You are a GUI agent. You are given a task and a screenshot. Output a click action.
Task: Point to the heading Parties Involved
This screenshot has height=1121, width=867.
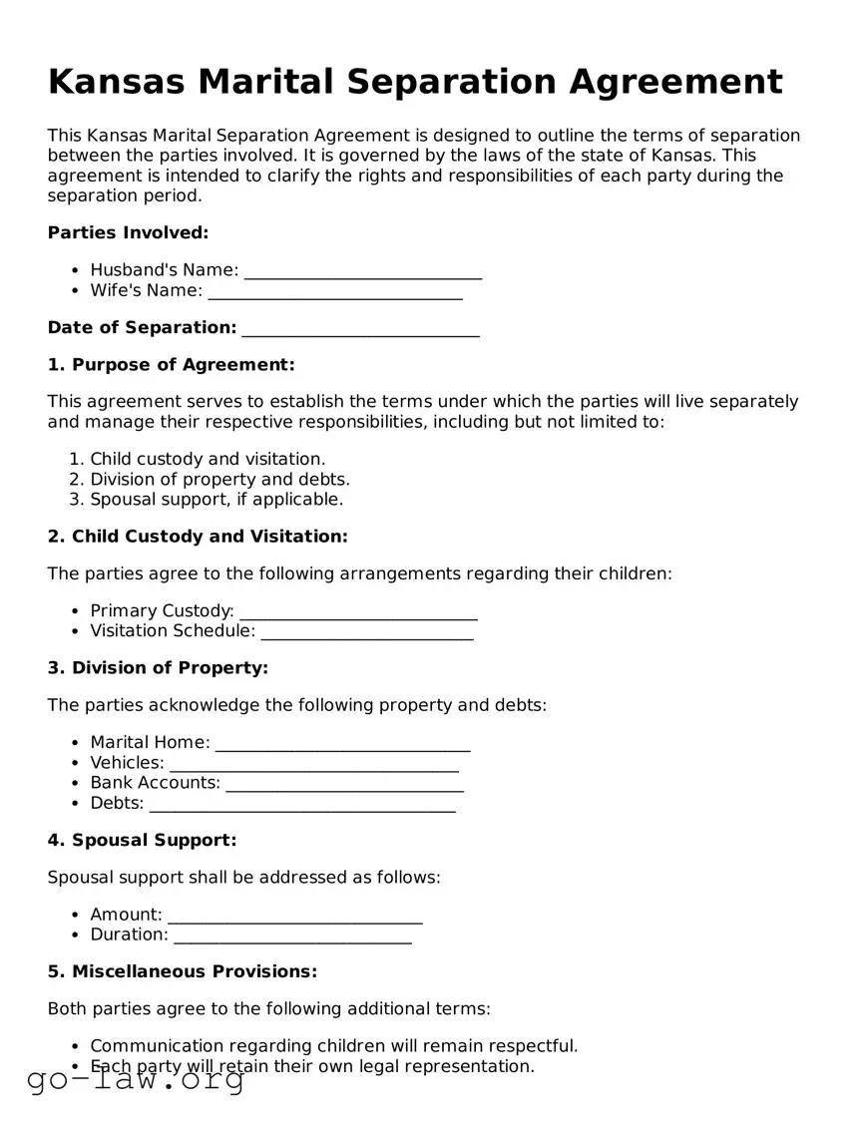click(128, 233)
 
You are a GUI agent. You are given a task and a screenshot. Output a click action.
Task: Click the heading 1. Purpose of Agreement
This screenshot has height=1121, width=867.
click(171, 365)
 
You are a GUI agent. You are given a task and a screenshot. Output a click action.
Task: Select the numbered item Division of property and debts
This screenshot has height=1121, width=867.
click(219, 480)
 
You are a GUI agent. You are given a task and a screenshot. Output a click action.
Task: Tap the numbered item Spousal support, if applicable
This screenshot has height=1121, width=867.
click(217, 500)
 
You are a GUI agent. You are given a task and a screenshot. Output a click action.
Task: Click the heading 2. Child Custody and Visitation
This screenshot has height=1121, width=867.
click(198, 537)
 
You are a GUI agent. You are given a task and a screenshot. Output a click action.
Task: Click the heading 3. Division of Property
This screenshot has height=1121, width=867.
click(158, 668)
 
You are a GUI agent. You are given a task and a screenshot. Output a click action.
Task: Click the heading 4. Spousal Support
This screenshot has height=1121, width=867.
click(142, 840)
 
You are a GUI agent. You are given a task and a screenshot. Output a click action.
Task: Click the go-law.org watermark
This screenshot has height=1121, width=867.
click(136, 1079)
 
